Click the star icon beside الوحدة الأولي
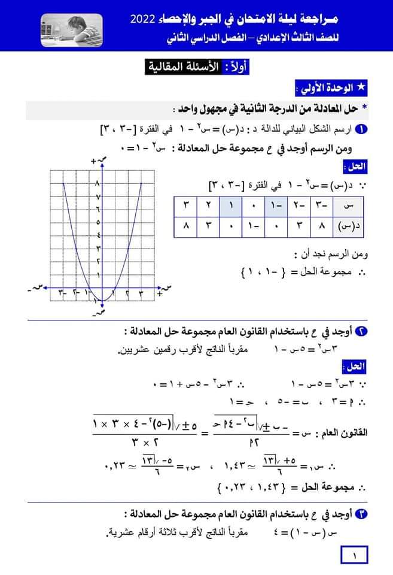361,88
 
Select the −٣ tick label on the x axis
62,293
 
